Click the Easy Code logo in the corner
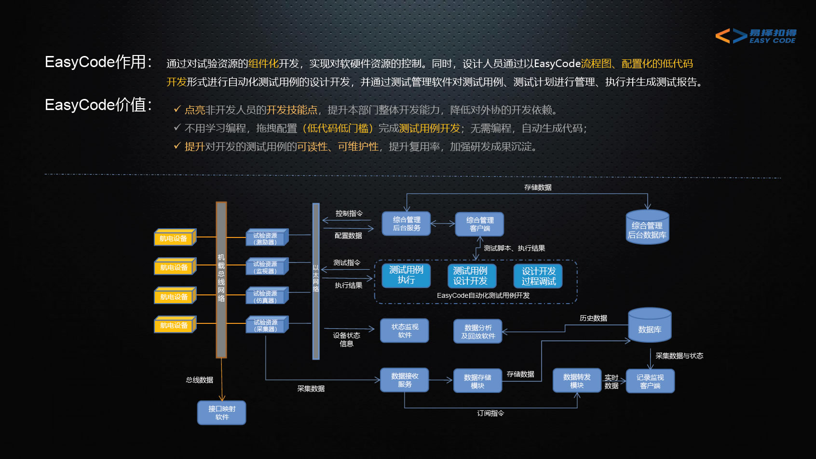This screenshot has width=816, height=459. [755, 36]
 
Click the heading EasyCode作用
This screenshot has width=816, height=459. [99, 62]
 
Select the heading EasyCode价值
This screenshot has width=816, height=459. [99, 105]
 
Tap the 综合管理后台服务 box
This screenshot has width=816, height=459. [406, 224]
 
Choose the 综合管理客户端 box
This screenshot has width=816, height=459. [479, 224]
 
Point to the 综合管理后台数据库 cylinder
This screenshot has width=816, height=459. [647, 228]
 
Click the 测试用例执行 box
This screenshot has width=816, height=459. [406, 275]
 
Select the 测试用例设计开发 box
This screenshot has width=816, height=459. [470, 276]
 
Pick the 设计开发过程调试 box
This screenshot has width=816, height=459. [538, 276]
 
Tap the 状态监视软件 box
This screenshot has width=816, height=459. [405, 331]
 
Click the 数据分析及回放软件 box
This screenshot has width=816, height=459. [478, 332]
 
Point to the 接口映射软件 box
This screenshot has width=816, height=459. [222, 413]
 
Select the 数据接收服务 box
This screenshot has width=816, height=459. [405, 380]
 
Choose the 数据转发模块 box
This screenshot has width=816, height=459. [577, 381]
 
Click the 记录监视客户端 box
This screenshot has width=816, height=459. [650, 381]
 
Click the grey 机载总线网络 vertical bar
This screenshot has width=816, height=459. [221, 280]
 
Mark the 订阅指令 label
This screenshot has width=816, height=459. [490, 413]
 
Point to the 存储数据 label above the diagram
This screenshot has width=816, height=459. [538, 187]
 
